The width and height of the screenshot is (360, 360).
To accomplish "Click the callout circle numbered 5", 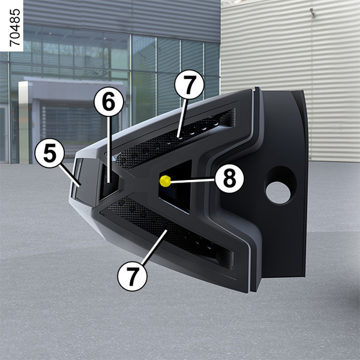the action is tap(50, 153).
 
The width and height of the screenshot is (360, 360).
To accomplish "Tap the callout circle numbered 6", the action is tap(109, 101).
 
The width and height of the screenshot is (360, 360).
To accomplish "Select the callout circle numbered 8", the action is tap(229, 179).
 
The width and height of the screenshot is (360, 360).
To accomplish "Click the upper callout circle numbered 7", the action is tap(189, 85).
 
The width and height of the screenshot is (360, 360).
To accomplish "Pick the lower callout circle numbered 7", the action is tap(132, 276).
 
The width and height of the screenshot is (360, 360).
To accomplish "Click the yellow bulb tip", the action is tap(165, 181).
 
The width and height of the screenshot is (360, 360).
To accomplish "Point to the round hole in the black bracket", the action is tap(278, 193).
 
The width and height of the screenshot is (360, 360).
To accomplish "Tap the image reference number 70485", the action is tap(14, 28).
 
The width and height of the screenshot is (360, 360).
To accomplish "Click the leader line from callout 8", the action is tap(193, 181).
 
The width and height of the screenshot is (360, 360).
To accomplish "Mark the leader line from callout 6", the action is tap(109, 149).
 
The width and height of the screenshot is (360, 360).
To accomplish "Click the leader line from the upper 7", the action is tap(182, 118).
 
